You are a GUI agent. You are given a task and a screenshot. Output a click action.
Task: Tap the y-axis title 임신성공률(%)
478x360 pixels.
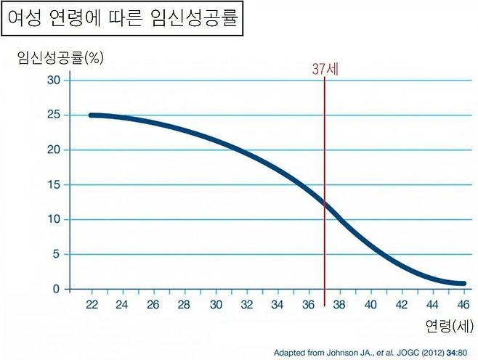click(60, 59)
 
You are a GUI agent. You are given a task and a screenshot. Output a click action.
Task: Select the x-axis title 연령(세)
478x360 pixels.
click(447, 327)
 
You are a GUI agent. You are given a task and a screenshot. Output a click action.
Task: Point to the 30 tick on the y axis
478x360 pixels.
click(54, 80)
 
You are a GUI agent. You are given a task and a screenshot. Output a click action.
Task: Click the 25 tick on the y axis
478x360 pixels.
click(54, 115)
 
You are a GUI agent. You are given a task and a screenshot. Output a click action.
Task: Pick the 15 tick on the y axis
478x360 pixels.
click(54, 184)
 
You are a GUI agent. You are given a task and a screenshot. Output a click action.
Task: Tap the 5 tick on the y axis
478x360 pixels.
click(57, 254)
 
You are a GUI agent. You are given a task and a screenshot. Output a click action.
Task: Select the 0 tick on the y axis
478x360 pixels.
click(57, 289)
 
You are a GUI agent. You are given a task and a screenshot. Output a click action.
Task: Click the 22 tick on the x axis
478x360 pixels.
click(91, 305)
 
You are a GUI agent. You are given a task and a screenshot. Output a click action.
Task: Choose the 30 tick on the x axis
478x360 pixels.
click(216, 305)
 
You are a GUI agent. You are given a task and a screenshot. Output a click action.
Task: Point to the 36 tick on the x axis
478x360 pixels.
click(309, 305)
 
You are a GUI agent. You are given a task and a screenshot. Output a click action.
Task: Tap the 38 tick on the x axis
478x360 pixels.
click(340, 305)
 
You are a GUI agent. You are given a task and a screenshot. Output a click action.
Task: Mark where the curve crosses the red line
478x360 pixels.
click(325, 205)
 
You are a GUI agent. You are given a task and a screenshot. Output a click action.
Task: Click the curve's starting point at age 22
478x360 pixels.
click(91, 115)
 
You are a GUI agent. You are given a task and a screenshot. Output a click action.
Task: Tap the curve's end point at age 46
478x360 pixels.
click(463, 284)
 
